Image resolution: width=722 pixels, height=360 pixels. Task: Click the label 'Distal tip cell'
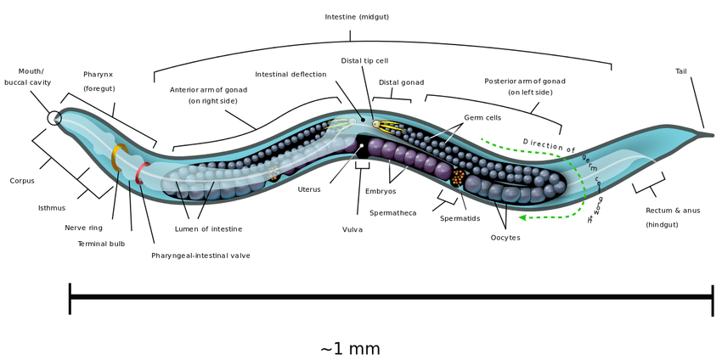(x=364, y=60)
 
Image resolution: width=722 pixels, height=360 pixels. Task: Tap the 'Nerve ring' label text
(x=83, y=228)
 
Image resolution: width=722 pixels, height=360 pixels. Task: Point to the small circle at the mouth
(x=54, y=118)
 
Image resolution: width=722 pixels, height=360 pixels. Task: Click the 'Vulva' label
(x=353, y=229)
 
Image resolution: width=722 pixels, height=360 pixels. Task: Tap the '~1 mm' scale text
(x=350, y=348)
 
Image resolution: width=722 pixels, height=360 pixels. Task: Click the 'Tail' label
(x=681, y=71)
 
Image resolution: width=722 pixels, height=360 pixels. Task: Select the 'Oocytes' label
(x=505, y=238)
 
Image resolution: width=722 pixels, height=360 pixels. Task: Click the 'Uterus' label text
(x=309, y=189)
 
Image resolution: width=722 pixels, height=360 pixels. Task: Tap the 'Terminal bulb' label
(x=101, y=243)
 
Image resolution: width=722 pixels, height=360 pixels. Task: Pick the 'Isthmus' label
(x=51, y=207)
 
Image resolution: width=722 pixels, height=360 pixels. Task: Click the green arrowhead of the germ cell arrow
(x=522, y=217)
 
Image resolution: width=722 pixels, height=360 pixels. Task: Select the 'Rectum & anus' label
(x=673, y=210)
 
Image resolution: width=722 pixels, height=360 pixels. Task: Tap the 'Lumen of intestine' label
(x=208, y=228)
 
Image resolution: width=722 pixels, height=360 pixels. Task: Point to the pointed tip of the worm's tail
(x=712, y=134)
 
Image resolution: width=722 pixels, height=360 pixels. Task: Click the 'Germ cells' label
(x=482, y=117)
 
